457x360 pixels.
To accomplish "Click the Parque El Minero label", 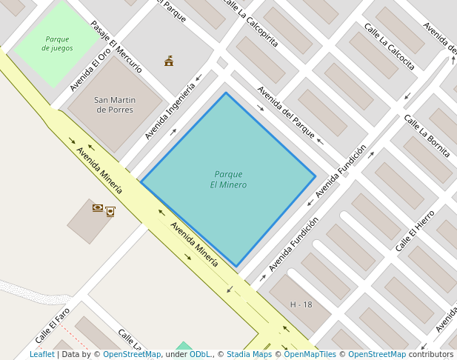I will [228, 179].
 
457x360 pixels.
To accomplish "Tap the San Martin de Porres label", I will [115, 104].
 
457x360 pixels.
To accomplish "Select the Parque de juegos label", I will [57, 44].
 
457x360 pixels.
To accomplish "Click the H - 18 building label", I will [301, 304].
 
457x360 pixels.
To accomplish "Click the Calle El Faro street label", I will [53, 326].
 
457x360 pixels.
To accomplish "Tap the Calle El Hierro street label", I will [415, 230].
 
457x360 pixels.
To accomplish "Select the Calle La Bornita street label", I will [427, 136].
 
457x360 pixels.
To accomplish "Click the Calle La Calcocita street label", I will [389, 46].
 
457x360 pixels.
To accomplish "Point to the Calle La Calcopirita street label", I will [250, 23].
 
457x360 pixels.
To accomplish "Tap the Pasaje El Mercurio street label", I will [116, 46].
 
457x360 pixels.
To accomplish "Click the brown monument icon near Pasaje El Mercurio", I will [169, 61].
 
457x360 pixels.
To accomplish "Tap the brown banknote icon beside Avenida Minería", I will [97, 207].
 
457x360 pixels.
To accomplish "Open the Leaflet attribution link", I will [41, 354].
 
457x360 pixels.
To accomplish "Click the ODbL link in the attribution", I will [199, 354].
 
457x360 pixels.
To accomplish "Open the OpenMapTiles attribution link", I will [310, 354].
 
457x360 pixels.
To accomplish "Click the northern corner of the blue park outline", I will [226, 93].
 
